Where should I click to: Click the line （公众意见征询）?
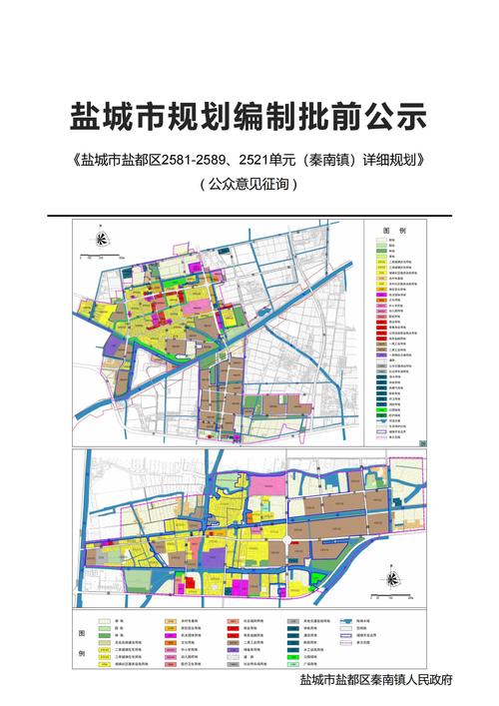(x=249, y=185)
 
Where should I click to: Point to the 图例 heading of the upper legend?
(x=394, y=230)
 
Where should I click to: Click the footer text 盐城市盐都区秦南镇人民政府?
(x=376, y=679)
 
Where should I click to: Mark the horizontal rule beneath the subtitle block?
(x=249, y=214)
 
